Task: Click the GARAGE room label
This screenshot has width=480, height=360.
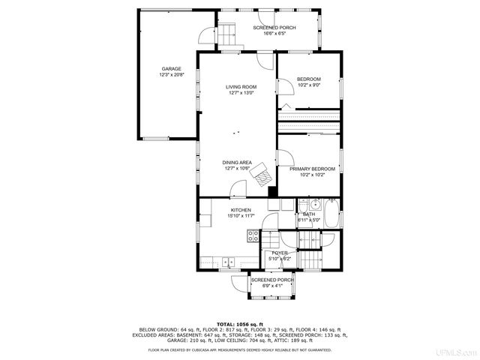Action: point(170,69)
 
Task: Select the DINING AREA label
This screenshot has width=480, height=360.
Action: point(236,162)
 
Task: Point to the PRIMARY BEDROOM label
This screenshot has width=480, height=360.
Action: point(312,169)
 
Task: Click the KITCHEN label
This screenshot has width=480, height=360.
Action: point(241,210)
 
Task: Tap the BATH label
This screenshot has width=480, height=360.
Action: point(308,214)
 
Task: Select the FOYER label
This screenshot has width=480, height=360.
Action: point(280,253)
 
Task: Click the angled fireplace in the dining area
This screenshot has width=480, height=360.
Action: point(262,173)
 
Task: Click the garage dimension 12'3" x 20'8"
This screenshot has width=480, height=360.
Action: point(170,75)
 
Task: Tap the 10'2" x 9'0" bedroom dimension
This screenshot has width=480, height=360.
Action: point(308,85)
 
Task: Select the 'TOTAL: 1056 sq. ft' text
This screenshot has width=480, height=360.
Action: point(240,324)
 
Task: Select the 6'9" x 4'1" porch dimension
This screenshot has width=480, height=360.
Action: point(272,286)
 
